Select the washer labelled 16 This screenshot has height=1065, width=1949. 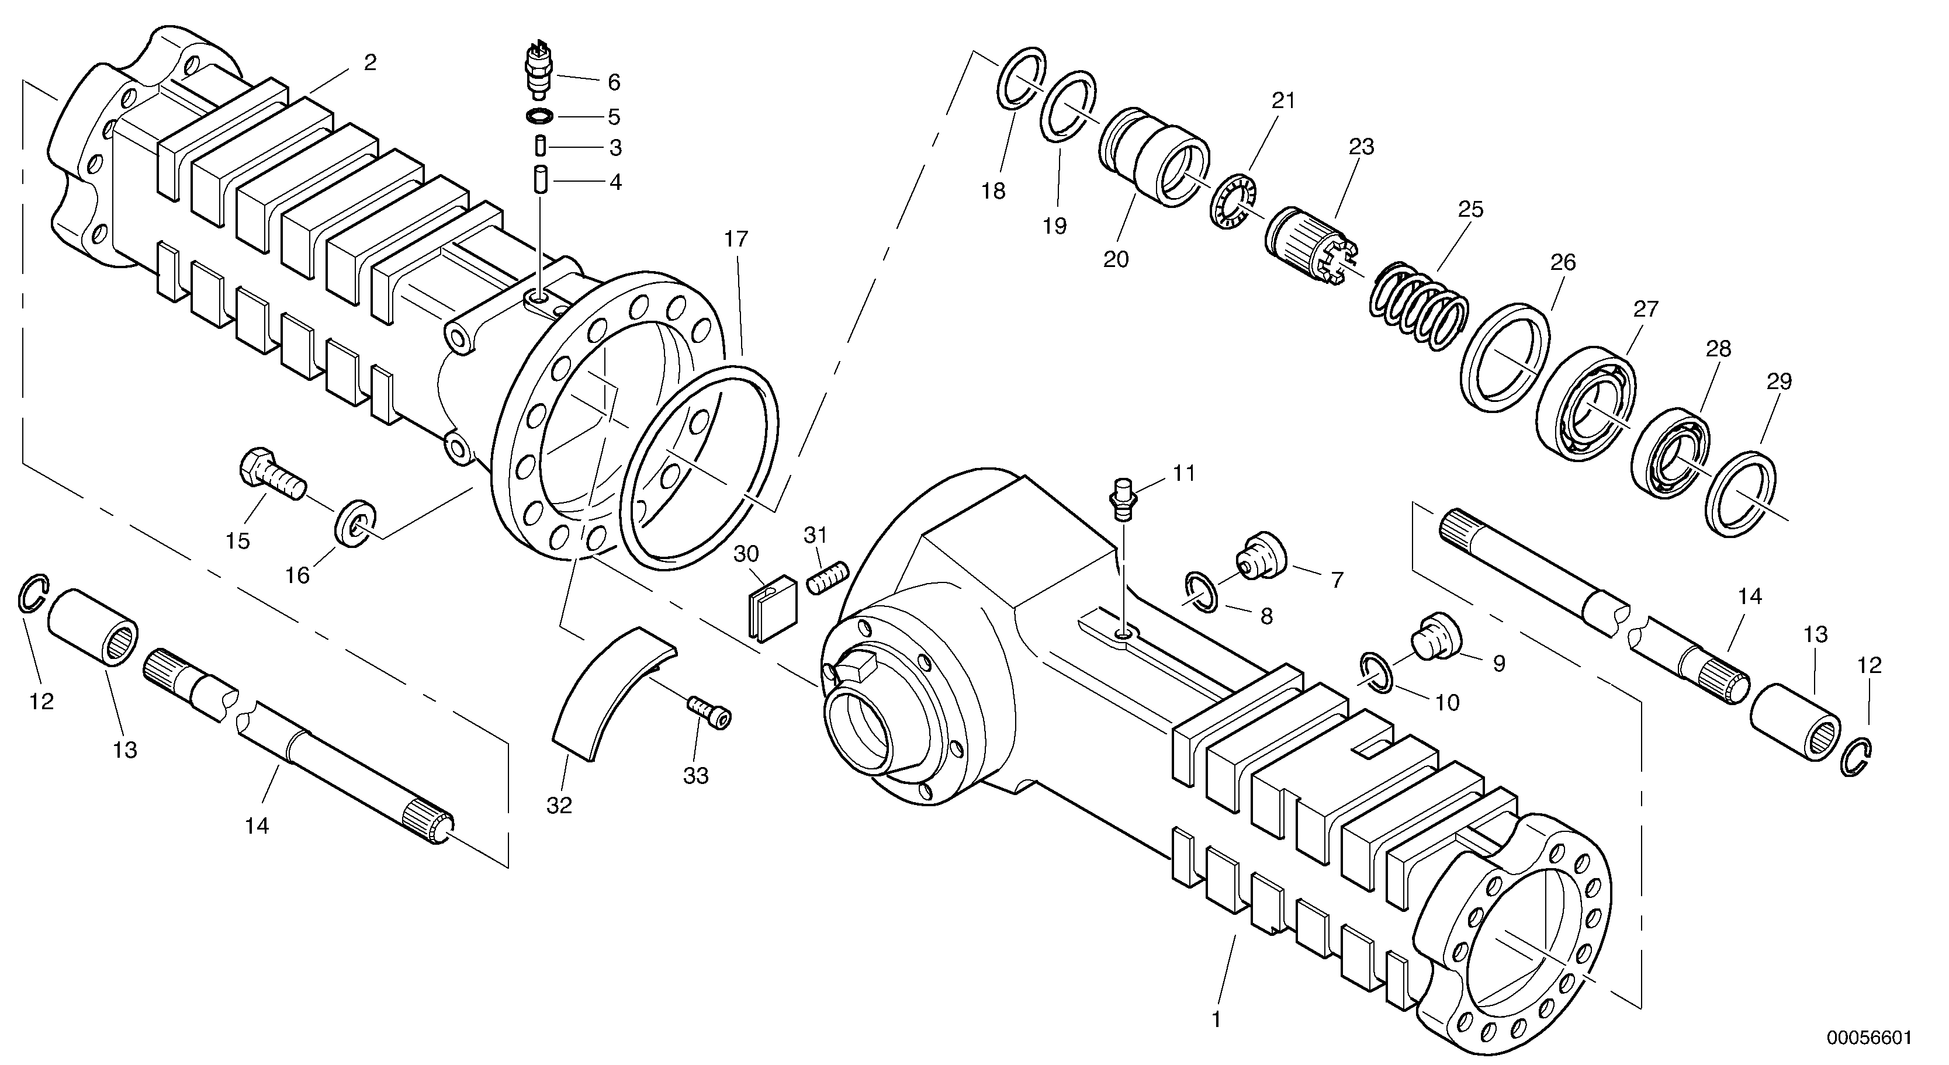coord(354,522)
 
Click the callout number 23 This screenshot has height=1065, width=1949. coord(1361,147)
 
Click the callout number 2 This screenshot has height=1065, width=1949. coord(369,63)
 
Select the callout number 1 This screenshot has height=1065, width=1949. coord(1216,1019)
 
